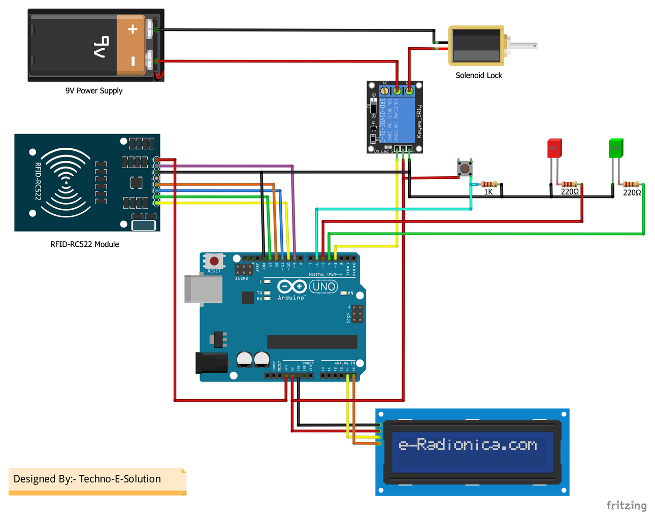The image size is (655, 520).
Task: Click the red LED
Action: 554,148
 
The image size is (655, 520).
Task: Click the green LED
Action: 615,148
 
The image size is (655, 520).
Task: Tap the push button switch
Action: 465,168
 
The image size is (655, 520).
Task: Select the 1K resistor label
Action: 488,192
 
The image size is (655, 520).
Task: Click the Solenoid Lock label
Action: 478,75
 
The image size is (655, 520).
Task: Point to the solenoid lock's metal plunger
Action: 523,46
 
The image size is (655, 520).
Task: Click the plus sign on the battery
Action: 133,29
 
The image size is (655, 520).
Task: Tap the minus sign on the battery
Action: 133,61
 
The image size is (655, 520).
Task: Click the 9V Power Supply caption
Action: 94,91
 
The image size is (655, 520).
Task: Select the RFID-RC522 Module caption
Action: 85,244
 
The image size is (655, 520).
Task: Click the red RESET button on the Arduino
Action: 214,261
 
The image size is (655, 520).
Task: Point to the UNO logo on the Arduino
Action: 323,286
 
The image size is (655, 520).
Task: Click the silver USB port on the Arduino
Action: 203,289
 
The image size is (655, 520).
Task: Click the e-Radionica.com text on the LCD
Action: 468,445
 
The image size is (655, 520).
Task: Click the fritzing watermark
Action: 626,505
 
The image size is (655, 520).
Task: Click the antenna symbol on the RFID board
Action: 65,182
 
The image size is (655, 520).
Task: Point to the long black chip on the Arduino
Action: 312,342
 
